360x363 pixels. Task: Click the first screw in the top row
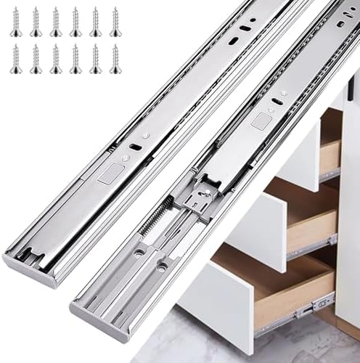16,23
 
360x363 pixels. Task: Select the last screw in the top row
115,23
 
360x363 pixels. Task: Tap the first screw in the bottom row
16,59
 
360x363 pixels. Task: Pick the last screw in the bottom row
115,59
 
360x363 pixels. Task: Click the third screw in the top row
56,23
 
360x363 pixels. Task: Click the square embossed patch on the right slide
261,121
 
